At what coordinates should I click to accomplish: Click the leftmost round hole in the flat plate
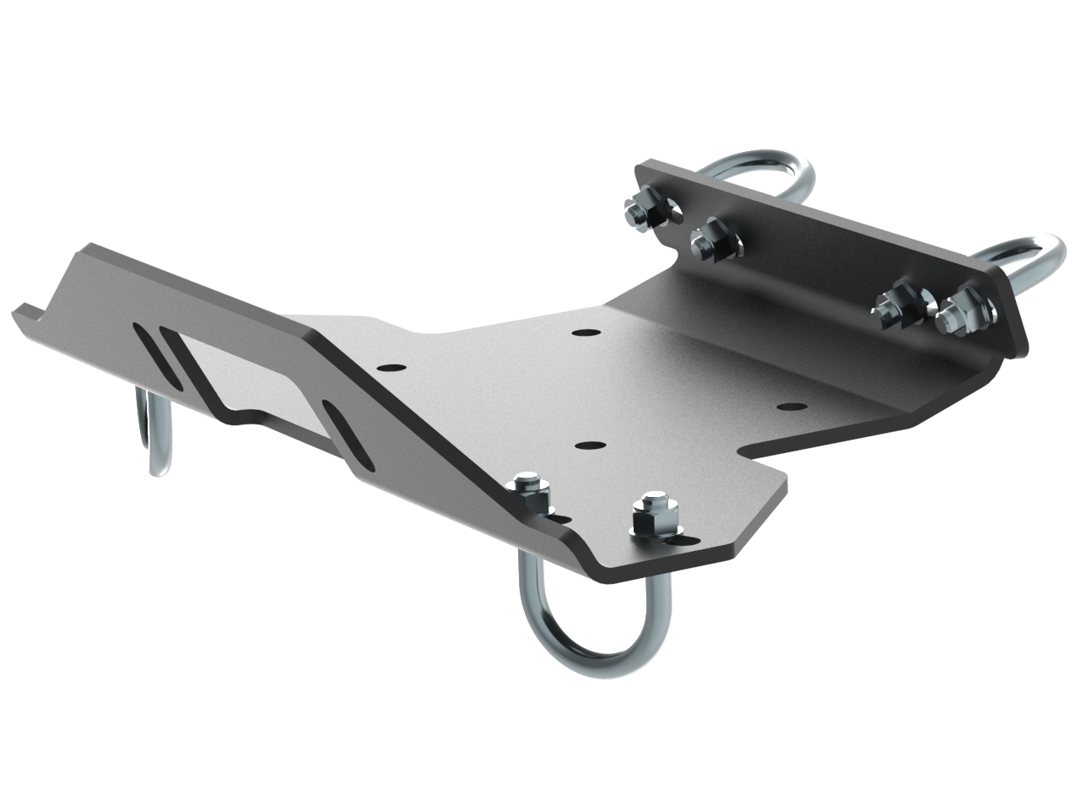391,369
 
